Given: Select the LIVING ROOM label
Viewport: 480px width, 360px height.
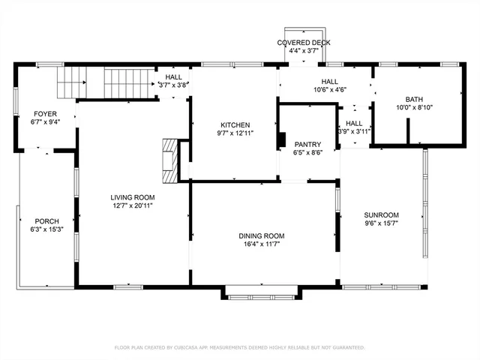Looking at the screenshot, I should click(x=132, y=196).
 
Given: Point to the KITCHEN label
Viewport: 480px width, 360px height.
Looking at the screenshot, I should click(x=235, y=124).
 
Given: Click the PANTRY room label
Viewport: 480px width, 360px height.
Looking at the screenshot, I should click(x=307, y=144).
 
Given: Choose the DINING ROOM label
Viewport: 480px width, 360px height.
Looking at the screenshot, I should click(x=262, y=235).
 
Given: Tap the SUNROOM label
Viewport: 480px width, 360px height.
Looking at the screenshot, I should click(x=381, y=214).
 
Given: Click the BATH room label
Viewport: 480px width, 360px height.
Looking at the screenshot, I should click(x=414, y=99).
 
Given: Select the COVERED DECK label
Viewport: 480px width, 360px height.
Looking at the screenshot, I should click(x=303, y=43).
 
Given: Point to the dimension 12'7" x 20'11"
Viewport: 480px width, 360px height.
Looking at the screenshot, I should click(x=132, y=205).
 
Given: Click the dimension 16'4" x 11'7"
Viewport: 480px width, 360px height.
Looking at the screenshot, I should click(x=262, y=244).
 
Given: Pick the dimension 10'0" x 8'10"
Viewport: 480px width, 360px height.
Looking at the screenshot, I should click(x=414, y=108).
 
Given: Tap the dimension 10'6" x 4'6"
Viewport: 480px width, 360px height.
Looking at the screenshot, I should click(x=329, y=90).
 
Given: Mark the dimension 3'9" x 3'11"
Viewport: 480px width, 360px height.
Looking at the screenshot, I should click(x=354, y=132).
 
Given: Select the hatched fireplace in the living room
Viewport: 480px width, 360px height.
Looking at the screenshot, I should click(x=172, y=160).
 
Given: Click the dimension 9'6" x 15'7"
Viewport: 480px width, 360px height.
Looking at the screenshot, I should click(x=381, y=223).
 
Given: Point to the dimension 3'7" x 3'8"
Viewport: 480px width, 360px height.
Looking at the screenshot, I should click(x=173, y=85).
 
